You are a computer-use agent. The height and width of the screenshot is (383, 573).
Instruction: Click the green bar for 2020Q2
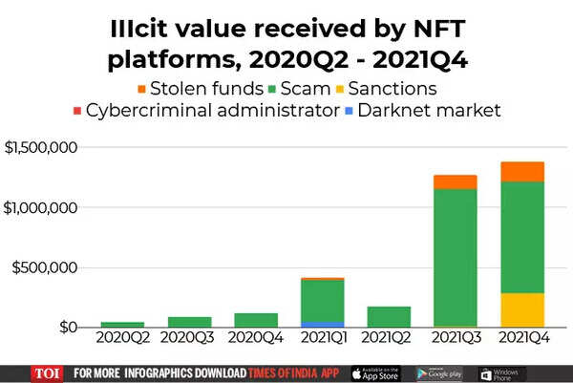[x=122, y=325]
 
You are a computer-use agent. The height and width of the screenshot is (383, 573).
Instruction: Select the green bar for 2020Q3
[x=189, y=322]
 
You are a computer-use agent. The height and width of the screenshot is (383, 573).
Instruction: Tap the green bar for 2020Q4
[x=256, y=320]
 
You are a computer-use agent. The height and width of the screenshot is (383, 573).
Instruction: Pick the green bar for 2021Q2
[x=389, y=317]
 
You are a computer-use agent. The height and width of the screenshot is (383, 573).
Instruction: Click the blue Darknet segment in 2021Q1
[x=322, y=325]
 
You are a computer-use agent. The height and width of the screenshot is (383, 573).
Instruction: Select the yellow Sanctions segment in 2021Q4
[x=521, y=310]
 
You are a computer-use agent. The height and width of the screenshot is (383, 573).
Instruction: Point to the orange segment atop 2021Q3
[x=455, y=182]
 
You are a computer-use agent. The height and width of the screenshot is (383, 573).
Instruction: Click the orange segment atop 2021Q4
[x=521, y=172]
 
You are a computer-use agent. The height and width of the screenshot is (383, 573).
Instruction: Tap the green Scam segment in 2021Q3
[x=455, y=258]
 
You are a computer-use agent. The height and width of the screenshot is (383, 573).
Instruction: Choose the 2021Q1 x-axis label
[x=322, y=337]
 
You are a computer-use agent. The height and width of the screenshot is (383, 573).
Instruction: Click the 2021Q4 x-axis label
[x=521, y=337]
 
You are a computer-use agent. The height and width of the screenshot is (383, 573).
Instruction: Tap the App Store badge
[x=375, y=372]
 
